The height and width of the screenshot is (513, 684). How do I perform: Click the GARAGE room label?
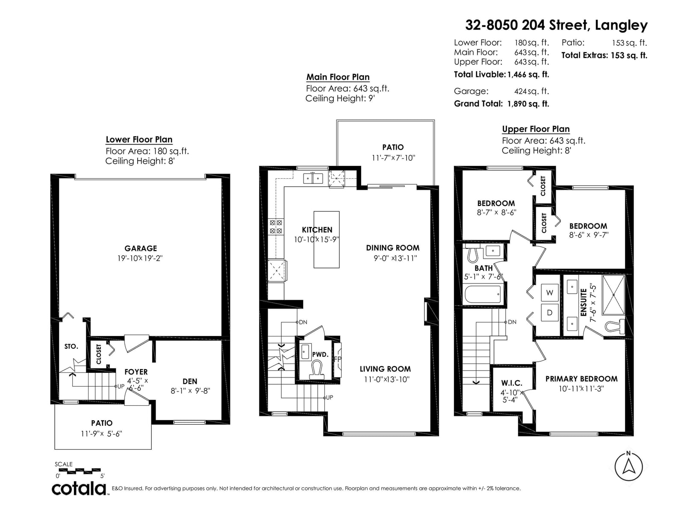(x=141, y=248)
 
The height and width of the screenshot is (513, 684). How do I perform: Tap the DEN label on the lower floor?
(x=190, y=381)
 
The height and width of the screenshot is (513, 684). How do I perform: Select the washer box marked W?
(x=549, y=292)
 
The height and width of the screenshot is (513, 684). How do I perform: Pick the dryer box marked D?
(x=549, y=313)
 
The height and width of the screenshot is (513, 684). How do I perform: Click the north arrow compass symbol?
(x=628, y=466)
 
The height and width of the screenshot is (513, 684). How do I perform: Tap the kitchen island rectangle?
(x=326, y=239)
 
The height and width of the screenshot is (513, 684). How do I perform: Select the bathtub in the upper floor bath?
(x=483, y=294)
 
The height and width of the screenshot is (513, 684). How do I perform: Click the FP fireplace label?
(x=337, y=359)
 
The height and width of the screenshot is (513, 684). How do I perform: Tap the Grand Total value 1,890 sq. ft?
(x=528, y=104)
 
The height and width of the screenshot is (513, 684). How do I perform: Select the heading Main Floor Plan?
(x=338, y=77)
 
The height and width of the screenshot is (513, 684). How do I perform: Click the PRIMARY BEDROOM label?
(x=581, y=379)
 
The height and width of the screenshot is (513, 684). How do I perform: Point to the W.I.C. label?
(x=511, y=383)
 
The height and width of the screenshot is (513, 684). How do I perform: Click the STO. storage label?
(x=71, y=346)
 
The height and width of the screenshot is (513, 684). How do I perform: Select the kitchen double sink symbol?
(x=313, y=178)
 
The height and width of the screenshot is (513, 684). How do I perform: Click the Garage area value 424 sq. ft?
(x=531, y=91)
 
